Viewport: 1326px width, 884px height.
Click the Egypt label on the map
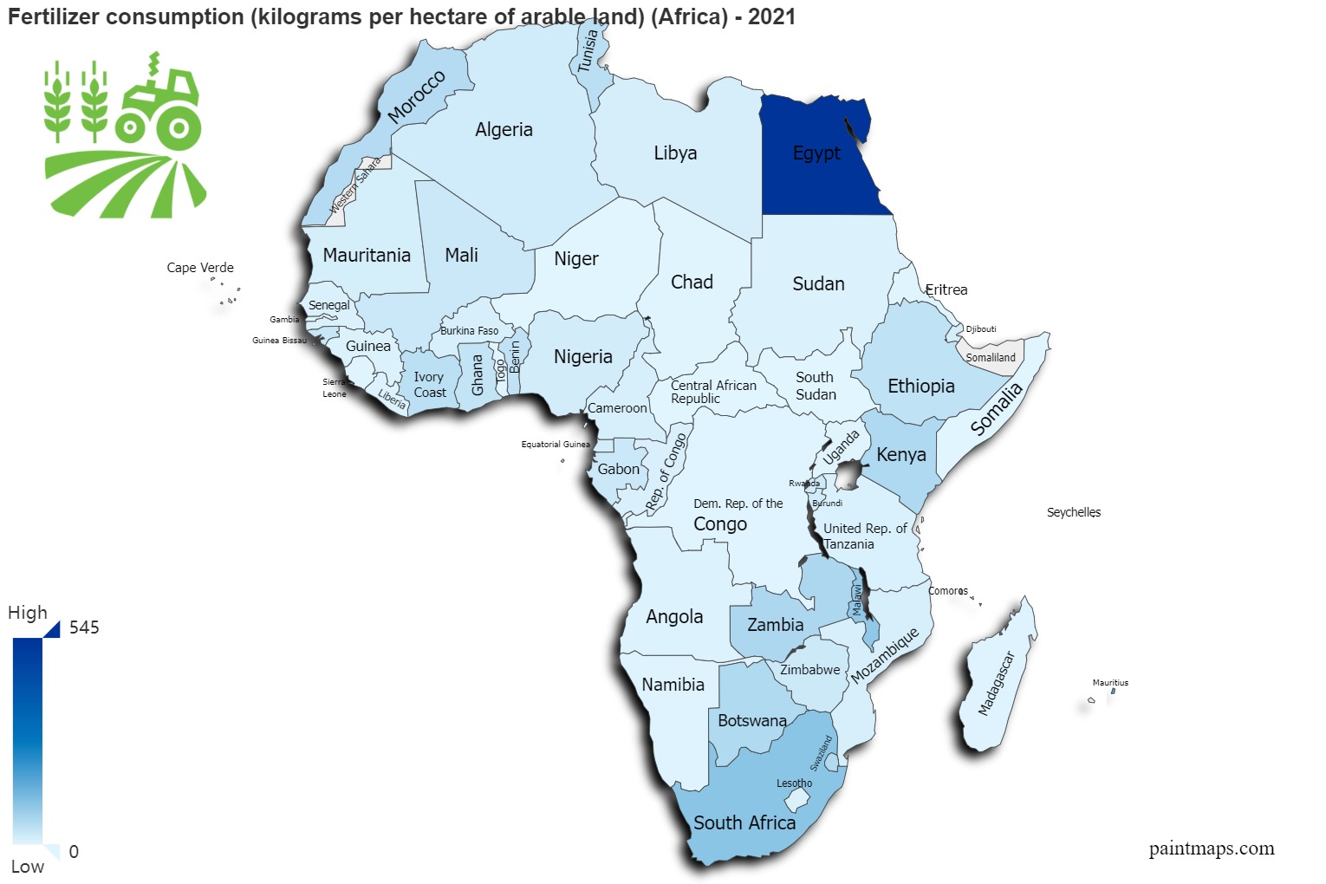click(816, 153)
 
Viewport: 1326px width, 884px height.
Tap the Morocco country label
click(416, 96)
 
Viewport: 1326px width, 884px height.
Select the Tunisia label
click(588, 51)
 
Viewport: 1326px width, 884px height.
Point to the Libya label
click(675, 153)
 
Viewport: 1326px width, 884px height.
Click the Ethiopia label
click(920, 386)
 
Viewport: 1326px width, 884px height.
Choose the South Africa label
click(744, 822)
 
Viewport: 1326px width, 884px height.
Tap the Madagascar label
click(996, 684)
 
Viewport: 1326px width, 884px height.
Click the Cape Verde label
click(200, 268)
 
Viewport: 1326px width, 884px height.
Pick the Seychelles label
click(1073, 512)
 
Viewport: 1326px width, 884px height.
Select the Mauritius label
click(1110, 683)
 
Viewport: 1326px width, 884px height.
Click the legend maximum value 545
click(84, 627)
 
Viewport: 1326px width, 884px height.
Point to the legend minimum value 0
click(74, 852)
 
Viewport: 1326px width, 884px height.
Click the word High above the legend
click(28, 613)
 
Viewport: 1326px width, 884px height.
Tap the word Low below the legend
click(27, 867)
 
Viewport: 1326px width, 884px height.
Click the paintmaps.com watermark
click(1211, 848)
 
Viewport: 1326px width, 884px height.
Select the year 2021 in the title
click(771, 17)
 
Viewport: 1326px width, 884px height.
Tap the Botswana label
click(751, 720)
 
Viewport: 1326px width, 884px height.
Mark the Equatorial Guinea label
click(555, 445)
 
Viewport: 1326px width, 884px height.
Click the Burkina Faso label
click(469, 331)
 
